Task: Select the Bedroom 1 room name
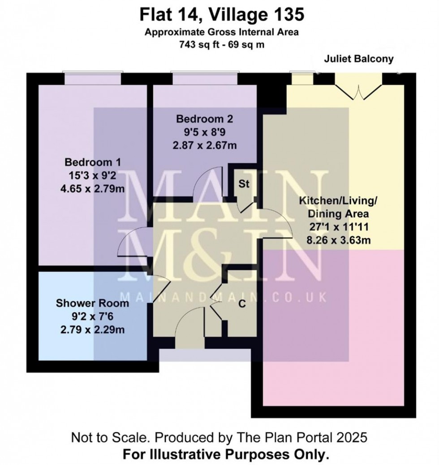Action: click(x=93, y=162)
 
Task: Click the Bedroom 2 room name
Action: click(x=205, y=119)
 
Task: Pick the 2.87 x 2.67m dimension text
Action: click(x=205, y=145)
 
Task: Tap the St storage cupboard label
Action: click(x=244, y=184)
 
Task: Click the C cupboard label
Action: click(x=242, y=303)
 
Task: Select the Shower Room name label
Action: click(x=92, y=304)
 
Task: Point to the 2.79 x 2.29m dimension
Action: click(x=92, y=330)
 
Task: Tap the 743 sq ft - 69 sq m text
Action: click(x=223, y=44)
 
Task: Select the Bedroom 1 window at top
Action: click(x=93, y=79)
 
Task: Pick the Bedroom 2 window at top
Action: click(x=204, y=79)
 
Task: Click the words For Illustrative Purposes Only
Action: click(x=226, y=455)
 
